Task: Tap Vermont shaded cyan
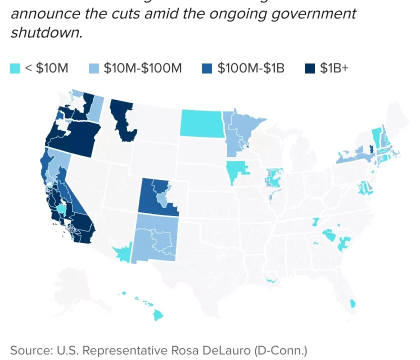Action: [376, 136]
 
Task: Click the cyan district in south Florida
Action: [353, 303]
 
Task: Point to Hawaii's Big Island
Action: [158, 315]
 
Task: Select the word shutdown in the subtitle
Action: [46, 33]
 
